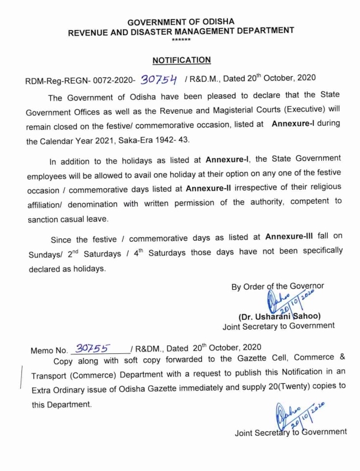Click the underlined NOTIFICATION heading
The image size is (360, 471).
[x=181, y=60]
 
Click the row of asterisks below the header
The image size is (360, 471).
[x=181, y=39]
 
